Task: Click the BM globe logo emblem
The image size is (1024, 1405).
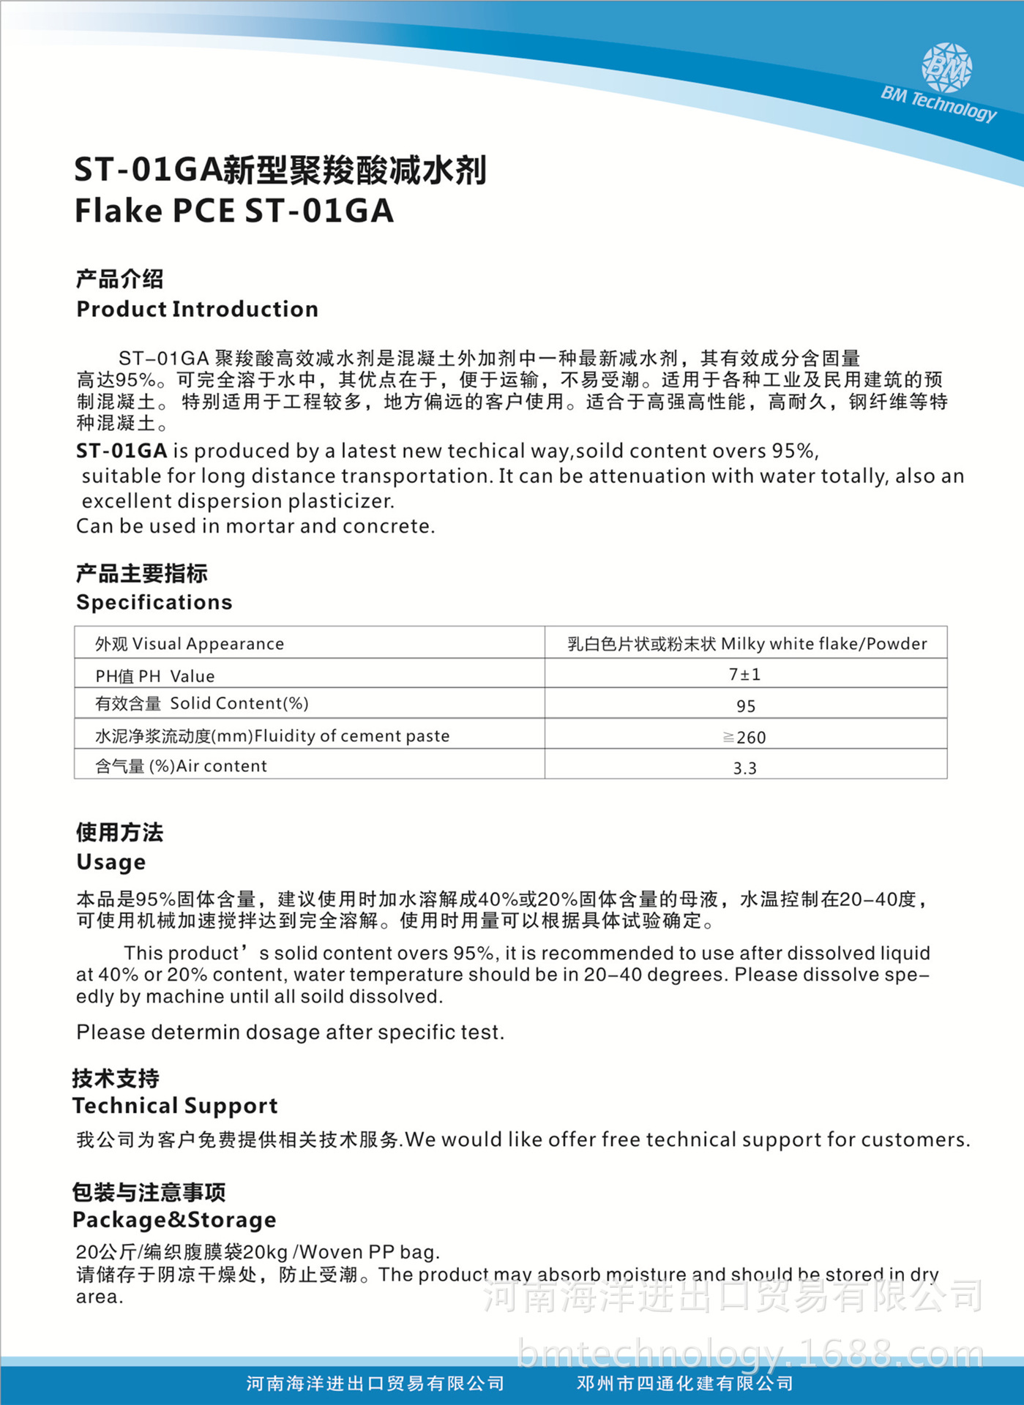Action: click(x=946, y=68)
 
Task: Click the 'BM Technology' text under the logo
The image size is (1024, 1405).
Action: click(x=938, y=103)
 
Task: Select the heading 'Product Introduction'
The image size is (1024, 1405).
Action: click(x=197, y=309)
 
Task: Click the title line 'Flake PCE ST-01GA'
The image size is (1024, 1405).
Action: click(x=234, y=211)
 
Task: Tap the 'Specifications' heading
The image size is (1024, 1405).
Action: click(x=154, y=602)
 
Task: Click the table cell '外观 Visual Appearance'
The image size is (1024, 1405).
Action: click(x=190, y=644)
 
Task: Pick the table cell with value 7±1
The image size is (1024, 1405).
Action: click(x=745, y=674)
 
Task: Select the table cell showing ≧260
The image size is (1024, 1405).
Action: click(x=745, y=737)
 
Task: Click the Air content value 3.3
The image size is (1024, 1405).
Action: click(x=745, y=768)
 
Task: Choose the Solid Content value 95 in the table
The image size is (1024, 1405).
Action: click(x=746, y=706)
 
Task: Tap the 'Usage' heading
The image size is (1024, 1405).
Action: click(x=111, y=862)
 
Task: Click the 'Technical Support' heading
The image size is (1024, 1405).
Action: click(x=175, y=1106)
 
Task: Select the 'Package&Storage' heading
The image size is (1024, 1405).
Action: click(x=174, y=1220)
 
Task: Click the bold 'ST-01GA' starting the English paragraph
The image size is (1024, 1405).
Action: click(x=122, y=451)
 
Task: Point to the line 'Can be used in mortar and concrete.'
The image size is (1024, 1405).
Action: click(x=255, y=526)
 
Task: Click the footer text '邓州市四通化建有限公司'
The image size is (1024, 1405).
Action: click(x=685, y=1383)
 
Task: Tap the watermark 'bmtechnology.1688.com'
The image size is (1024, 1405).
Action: click(x=750, y=1354)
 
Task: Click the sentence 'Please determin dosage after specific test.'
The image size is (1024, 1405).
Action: click(x=290, y=1033)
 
